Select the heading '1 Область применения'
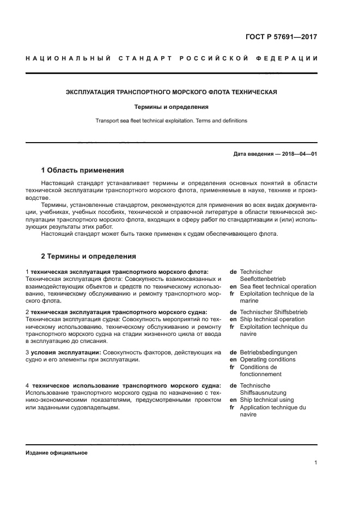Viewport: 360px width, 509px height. [x=83, y=170]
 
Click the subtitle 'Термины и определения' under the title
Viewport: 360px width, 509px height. [x=172, y=107]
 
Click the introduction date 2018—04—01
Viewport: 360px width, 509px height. [x=298, y=154]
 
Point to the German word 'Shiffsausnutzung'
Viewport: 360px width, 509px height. [x=263, y=393]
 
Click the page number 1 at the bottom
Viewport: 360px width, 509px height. [x=315, y=463]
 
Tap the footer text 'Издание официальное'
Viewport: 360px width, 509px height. [x=56, y=453]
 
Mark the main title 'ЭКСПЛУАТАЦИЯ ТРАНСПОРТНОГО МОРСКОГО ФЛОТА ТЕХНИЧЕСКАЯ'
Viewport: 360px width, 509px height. [x=172, y=92]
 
